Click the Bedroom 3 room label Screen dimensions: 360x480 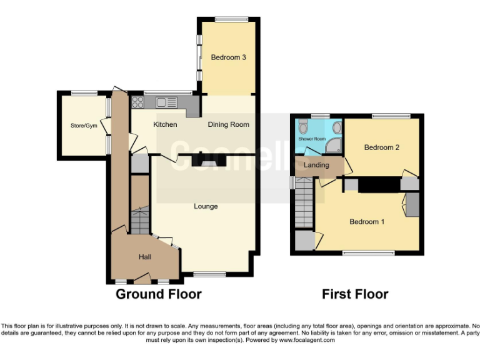[x=228, y=57]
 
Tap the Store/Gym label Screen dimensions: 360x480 [x=84, y=125]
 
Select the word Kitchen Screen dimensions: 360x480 [x=165, y=124]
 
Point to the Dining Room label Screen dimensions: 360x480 [x=229, y=124]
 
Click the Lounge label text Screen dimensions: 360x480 [x=206, y=206]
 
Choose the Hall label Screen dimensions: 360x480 [x=145, y=256]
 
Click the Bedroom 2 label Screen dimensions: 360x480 [x=381, y=147]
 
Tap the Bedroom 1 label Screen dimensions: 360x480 [x=367, y=222]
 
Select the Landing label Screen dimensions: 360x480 [x=316, y=165]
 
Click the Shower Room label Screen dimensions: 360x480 [x=312, y=139]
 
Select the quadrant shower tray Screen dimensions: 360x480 [x=335, y=147]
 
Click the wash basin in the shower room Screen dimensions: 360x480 [x=337, y=127]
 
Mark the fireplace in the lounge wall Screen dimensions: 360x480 [x=207, y=162]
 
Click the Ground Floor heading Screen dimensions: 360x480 [x=158, y=294]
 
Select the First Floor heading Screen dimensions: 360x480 [x=355, y=294]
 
